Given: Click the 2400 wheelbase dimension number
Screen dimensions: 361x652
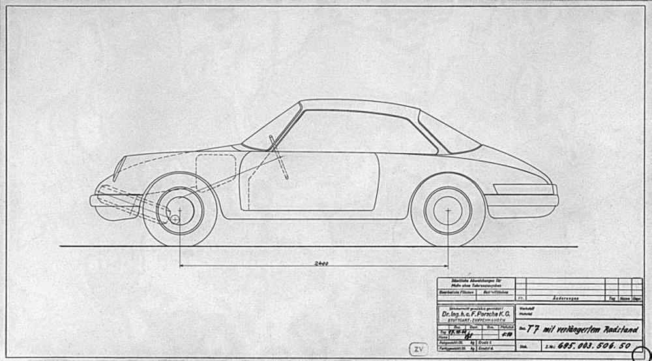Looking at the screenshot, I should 320,263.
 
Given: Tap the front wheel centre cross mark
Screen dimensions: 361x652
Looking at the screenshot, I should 179,210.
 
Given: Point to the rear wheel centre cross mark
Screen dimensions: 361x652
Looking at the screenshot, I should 448,210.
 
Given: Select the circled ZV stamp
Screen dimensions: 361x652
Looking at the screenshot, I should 417,349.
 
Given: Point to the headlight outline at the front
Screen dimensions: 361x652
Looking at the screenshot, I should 119,167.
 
